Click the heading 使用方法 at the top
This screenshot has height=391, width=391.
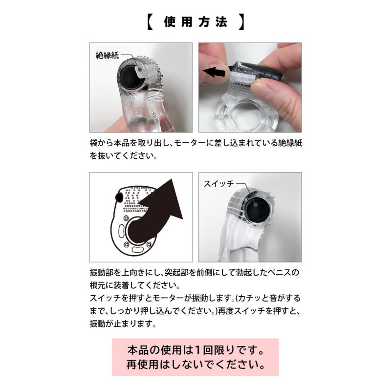click(x=196, y=22)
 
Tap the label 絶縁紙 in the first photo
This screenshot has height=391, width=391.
click(x=107, y=55)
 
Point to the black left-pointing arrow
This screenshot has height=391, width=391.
click(x=214, y=72)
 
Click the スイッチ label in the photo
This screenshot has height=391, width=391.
click(x=218, y=184)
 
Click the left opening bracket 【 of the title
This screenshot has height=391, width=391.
click(x=150, y=22)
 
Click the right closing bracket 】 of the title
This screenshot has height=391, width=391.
click(x=241, y=22)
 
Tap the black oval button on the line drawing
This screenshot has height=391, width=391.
click(x=119, y=197)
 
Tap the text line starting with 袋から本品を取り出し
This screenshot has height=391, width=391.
click(x=196, y=143)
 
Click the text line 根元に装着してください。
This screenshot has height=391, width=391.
click(x=135, y=285)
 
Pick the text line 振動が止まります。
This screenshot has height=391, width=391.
click(x=123, y=324)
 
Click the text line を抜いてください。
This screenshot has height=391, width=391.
click(x=124, y=155)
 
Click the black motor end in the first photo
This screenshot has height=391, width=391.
click(x=130, y=78)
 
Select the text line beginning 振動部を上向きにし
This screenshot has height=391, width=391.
click(x=194, y=272)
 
